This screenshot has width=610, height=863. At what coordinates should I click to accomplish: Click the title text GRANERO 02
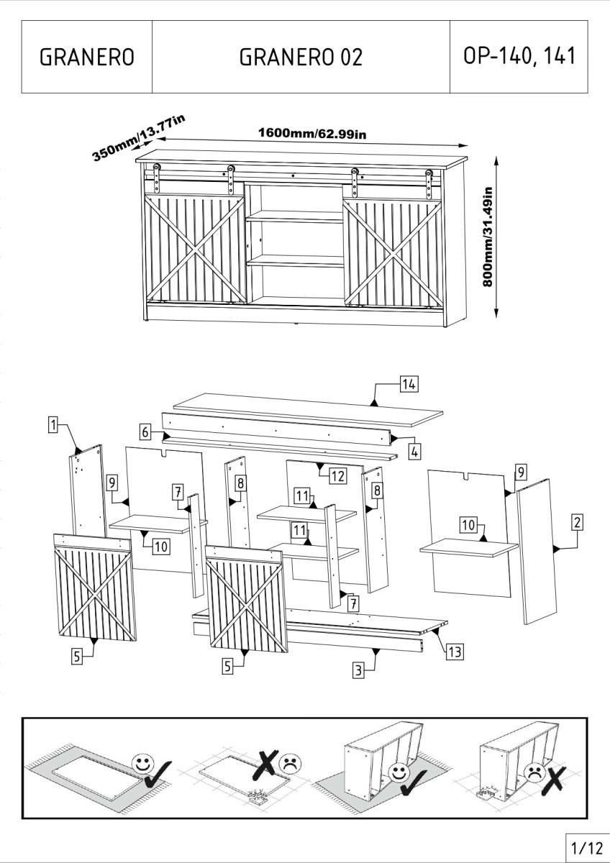point(301,57)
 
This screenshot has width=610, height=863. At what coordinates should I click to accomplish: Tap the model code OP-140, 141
point(519,55)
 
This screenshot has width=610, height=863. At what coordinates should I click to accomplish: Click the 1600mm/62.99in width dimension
point(314,133)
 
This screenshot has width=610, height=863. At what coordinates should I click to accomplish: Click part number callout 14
point(409,384)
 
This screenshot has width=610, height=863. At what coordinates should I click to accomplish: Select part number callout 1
point(53,425)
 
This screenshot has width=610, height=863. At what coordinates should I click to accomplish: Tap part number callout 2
point(576,523)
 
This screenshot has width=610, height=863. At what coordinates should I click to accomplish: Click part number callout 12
point(338,475)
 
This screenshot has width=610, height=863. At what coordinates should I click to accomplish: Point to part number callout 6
point(145,431)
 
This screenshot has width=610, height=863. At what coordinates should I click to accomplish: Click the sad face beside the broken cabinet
point(535,772)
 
